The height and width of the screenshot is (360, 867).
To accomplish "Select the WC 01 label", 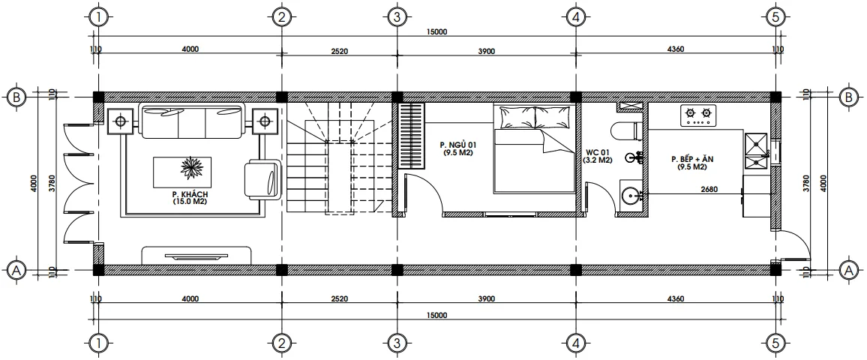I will (x=598, y=155).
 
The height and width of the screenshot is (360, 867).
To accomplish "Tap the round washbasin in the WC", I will (x=631, y=196).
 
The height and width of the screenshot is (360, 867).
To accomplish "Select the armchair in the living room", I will (x=261, y=180).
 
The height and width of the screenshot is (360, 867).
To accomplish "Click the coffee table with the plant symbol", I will (x=182, y=172).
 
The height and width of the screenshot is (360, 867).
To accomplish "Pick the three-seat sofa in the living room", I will (x=193, y=122).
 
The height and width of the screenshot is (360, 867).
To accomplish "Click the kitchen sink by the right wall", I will (x=754, y=151).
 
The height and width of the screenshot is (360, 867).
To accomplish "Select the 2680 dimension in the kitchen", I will (x=709, y=189).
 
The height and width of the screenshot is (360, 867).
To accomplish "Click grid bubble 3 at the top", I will (x=397, y=16).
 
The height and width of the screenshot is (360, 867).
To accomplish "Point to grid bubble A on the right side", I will (x=850, y=270).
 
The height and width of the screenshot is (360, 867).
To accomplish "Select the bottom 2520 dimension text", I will (x=339, y=298).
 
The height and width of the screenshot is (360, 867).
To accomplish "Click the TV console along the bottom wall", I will (x=196, y=255).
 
